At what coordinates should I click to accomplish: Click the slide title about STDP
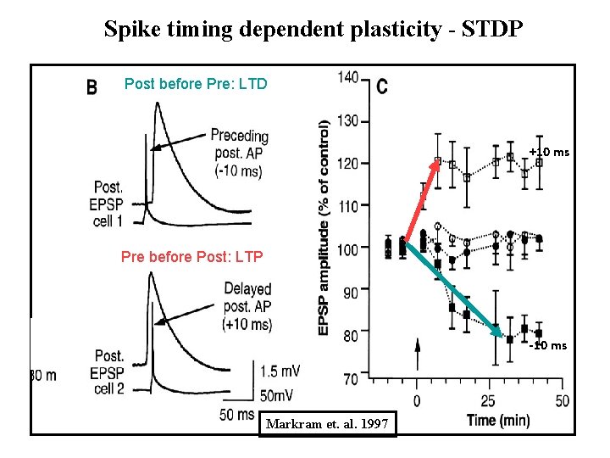click(x=313, y=29)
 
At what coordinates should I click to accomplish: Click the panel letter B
click(x=92, y=87)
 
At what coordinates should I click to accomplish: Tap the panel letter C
click(x=382, y=87)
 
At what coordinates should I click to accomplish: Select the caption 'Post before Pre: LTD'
click(x=196, y=83)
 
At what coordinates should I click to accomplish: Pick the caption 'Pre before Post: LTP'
click(x=191, y=256)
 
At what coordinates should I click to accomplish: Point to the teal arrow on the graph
click(x=457, y=291)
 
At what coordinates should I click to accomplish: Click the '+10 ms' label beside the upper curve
click(x=549, y=153)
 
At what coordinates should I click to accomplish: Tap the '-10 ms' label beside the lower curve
click(x=547, y=345)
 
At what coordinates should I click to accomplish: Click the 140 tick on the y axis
click(x=347, y=79)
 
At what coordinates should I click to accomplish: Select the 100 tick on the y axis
click(x=347, y=248)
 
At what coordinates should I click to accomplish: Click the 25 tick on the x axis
click(x=488, y=399)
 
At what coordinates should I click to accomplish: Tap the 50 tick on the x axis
click(x=561, y=399)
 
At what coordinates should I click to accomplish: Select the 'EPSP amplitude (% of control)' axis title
click(x=324, y=226)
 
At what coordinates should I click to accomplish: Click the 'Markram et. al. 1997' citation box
click(x=327, y=422)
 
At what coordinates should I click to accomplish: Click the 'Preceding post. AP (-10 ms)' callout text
click(x=238, y=153)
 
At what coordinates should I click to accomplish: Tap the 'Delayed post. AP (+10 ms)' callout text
click(x=247, y=307)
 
